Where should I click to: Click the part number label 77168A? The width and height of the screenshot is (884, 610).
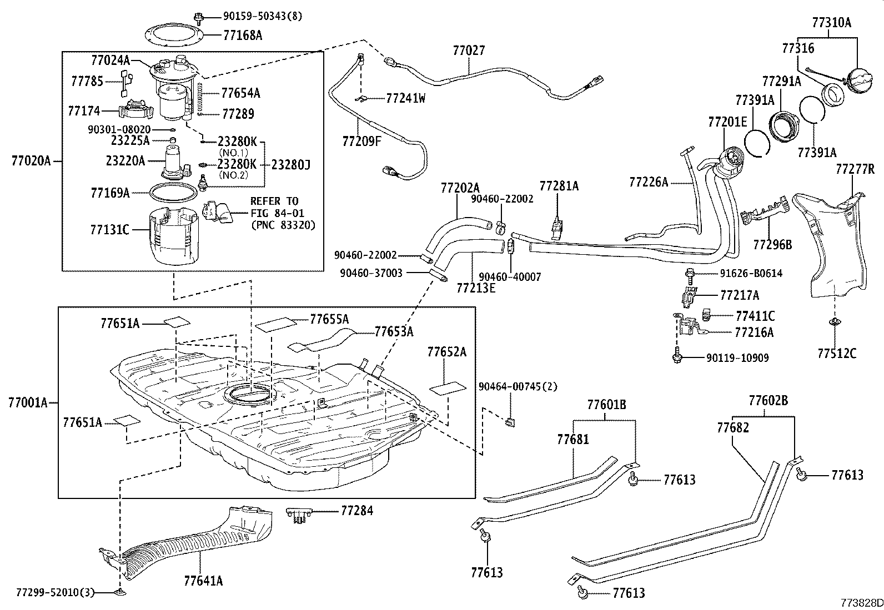pyautogui.click(x=243, y=36)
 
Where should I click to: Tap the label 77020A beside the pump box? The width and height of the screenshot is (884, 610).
pyautogui.click(x=31, y=161)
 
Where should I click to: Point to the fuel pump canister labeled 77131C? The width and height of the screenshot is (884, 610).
pyautogui.click(x=174, y=236)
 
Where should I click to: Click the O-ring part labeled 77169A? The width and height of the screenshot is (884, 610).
pyautogui.click(x=173, y=192)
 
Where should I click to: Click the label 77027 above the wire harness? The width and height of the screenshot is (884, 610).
pyautogui.click(x=469, y=51)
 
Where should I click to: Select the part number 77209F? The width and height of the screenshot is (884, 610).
pyautogui.click(x=362, y=141)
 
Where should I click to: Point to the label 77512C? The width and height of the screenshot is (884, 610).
pyautogui.click(x=837, y=352)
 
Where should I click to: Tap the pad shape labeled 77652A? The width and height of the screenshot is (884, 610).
pyautogui.click(x=448, y=387)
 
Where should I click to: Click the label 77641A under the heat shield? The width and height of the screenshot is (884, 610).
pyautogui.click(x=203, y=581)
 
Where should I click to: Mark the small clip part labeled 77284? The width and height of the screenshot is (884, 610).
pyautogui.click(x=299, y=515)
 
